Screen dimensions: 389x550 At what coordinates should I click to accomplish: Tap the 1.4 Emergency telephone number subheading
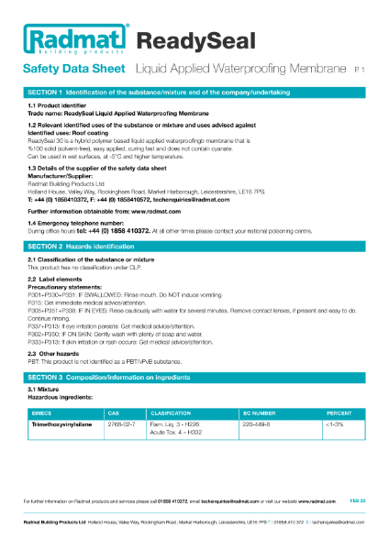tap(75, 224)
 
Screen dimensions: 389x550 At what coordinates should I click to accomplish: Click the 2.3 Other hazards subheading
tap(53, 353)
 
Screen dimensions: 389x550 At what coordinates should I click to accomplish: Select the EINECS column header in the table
tap(43, 413)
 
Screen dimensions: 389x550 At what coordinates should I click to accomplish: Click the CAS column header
tap(113, 413)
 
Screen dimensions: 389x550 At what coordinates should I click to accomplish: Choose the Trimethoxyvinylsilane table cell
tap(61, 425)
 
